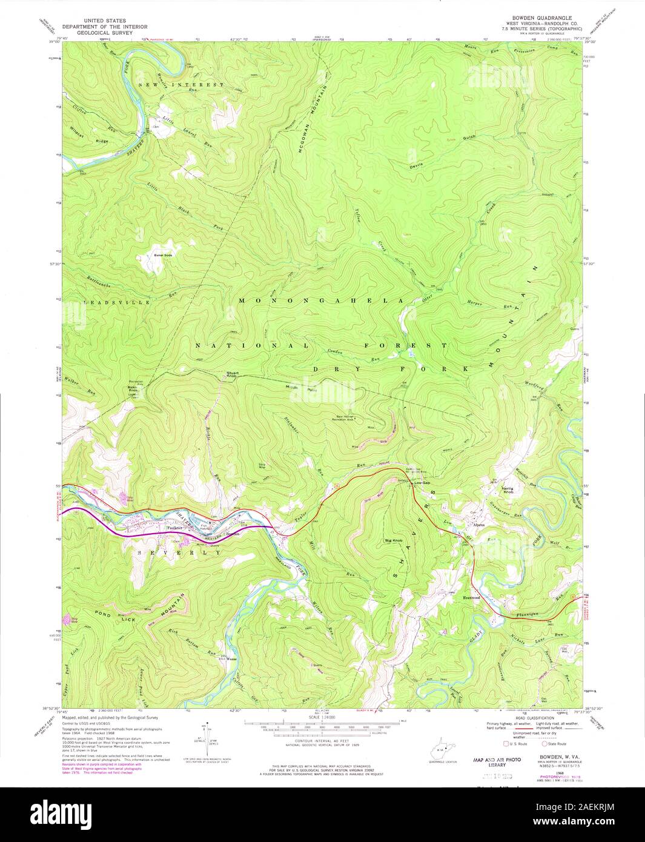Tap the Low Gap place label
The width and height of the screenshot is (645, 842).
[x=422, y=483]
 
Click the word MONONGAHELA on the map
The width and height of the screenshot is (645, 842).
[x=321, y=300]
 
